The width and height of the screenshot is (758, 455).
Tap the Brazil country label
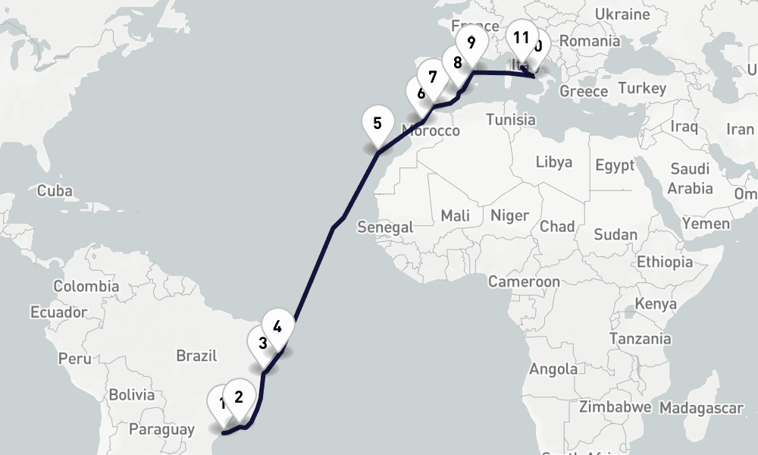click(x=196, y=356)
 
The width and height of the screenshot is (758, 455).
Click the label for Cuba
click(x=55, y=190)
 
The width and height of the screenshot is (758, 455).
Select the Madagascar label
click(x=700, y=408)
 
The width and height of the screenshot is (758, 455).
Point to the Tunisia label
click(x=510, y=119)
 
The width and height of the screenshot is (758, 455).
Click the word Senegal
click(x=385, y=227)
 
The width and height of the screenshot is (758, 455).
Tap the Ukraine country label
click(x=622, y=14)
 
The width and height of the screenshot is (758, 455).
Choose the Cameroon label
click(x=524, y=281)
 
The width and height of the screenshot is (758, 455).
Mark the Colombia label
click(x=86, y=286)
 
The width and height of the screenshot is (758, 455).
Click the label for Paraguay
click(x=161, y=429)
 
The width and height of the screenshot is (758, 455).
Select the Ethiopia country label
click(x=665, y=262)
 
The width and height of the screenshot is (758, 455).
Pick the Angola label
click(x=553, y=369)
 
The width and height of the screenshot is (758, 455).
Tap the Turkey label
click(x=641, y=88)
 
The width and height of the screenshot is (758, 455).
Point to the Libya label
click(x=554, y=162)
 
